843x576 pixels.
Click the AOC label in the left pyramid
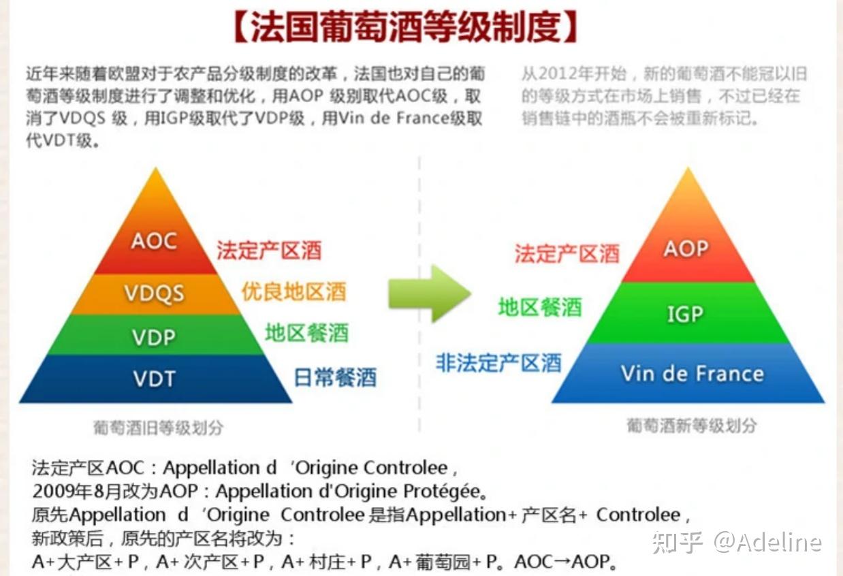pyautogui.click(x=154, y=241)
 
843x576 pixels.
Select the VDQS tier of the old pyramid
pyautogui.click(x=154, y=293)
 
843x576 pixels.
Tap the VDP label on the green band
pyautogui.click(x=154, y=337)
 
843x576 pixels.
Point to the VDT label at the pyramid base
pyautogui.click(x=154, y=378)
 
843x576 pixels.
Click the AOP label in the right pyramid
pyautogui.click(x=686, y=249)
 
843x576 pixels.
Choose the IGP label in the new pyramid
pyautogui.click(x=685, y=314)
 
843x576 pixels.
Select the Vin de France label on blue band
pyautogui.click(x=692, y=373)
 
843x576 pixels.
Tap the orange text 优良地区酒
pyautogui.click(x=293, y=291)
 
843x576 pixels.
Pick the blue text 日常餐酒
pyautogui.click(x=334, y=377)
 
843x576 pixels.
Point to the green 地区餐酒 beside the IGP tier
pyautogui.click(x=539, y=307)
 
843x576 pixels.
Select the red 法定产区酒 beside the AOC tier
pyautogui.click(x=269, y=251)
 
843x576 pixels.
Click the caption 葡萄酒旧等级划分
pyautogui.click(x=158, y=428)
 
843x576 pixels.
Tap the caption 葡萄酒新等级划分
pyautogui.click(x=691, y=426)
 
